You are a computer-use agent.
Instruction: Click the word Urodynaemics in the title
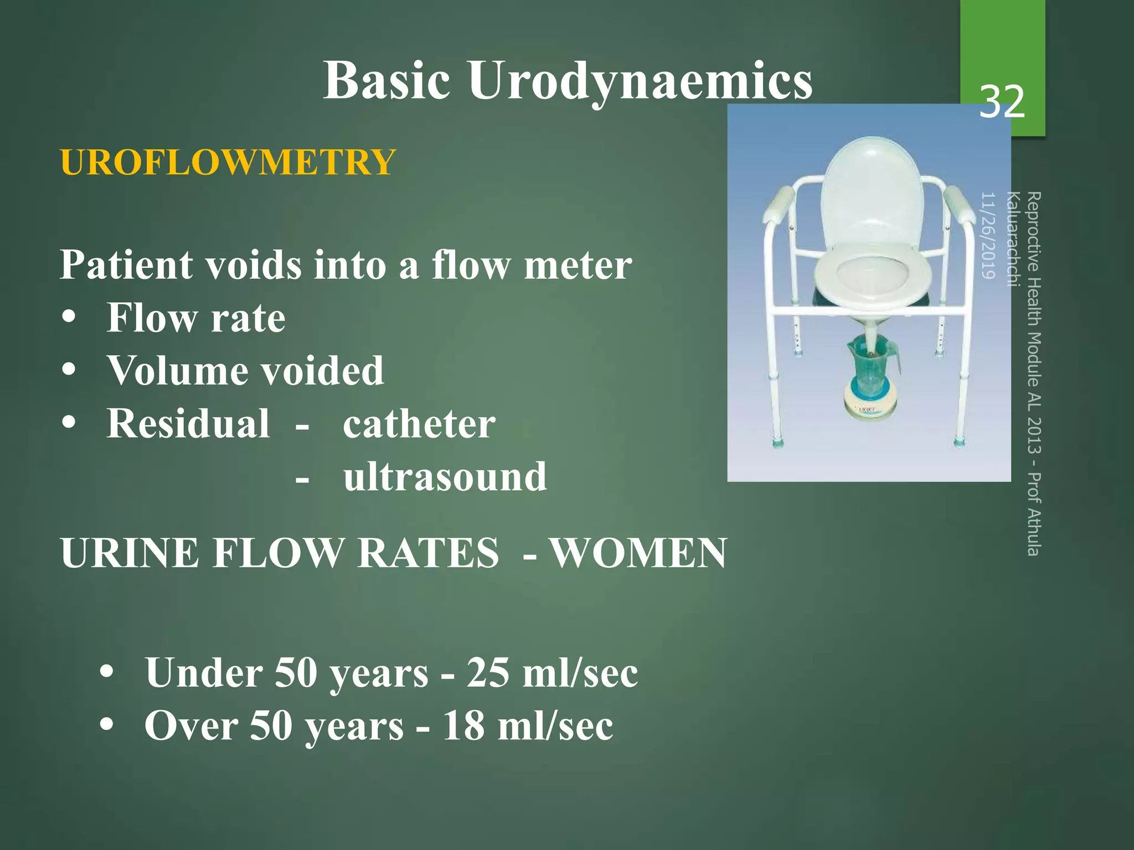(640, 81)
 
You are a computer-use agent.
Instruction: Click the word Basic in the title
(386, 81)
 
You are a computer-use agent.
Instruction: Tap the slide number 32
(1002, 102)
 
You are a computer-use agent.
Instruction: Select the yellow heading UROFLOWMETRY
(228, 162)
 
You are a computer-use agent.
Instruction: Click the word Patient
(126, 265)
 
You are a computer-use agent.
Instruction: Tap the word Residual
(188, 423)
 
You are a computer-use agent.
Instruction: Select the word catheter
(419, 424)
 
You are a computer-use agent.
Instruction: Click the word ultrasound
(445, 476)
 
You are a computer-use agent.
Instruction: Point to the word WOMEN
(638, 553)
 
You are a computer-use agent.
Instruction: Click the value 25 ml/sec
(552, 673)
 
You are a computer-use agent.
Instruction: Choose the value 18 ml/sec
(527, 725)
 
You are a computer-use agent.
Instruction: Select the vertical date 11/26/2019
(989, 235)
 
